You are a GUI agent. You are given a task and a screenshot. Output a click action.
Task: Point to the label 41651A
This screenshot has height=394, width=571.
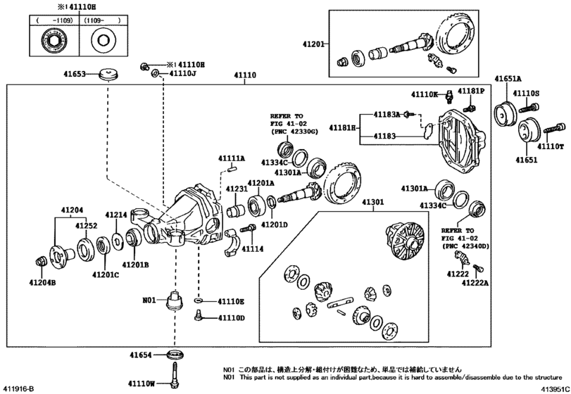click(x=508, y=79)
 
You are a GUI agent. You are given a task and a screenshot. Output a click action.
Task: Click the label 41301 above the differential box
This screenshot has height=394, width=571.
click(x=374, y=203)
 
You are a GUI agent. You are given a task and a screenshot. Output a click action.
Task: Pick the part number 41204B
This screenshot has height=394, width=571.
click(x=42, y=282)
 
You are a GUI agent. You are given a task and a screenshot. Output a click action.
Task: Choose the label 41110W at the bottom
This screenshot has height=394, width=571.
click(x=142, y=383)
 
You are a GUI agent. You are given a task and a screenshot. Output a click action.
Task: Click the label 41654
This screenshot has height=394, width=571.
click(x=140, y=355)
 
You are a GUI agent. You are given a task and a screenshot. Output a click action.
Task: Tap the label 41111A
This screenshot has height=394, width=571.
click(x=230, y=159)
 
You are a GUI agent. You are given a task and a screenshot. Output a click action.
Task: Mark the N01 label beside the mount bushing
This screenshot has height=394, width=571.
click(x=149, y=300)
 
